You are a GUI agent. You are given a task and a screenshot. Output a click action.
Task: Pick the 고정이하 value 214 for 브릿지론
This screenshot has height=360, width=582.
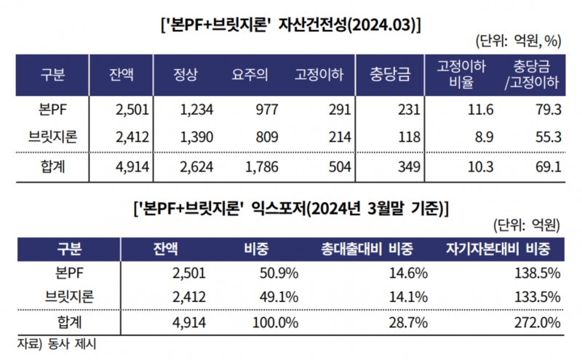(338, 135)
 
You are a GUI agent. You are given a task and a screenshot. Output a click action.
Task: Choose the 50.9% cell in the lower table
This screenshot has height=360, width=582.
(272, 273)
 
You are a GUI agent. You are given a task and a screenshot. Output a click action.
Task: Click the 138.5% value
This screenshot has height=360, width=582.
(539, 273)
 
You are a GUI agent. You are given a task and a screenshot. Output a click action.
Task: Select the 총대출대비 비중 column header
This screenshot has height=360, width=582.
(367, 249)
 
